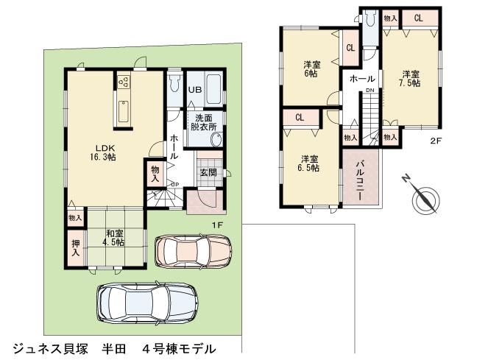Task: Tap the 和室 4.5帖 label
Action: (113, 236)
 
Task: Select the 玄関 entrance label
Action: (207, 173)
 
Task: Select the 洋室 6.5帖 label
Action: (309, 163)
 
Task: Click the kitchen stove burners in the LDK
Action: (123, 82)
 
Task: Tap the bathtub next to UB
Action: (213, 89)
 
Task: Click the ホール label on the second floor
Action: (361, 78)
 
